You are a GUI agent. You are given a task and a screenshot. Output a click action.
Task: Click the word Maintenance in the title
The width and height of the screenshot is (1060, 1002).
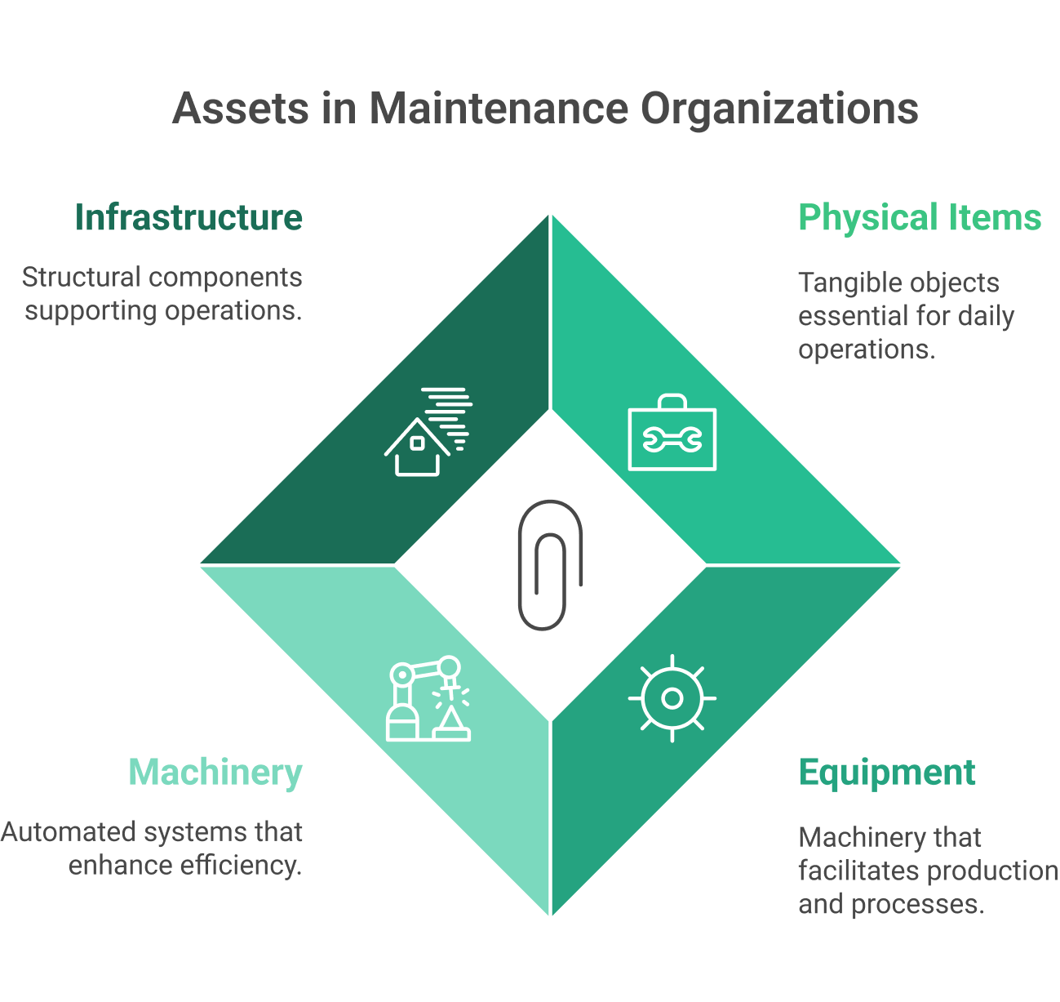tap(498, 109)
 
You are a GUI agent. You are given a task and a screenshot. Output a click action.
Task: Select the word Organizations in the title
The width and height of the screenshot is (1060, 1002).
tap(779, 110)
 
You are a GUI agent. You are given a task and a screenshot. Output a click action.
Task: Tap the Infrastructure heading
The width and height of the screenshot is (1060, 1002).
tap(188, 218)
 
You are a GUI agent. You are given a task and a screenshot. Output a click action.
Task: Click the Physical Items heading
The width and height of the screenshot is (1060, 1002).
tap(920, 218)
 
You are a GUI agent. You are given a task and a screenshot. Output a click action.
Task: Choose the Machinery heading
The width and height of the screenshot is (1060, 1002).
tap(215, 773)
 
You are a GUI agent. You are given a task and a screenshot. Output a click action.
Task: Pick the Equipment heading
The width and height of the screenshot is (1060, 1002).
tap(887, 773)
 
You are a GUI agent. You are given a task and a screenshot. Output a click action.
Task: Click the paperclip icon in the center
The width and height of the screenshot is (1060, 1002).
tap(550, 564)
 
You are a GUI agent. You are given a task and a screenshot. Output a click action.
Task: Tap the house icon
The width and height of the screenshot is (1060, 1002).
tap(418, 448)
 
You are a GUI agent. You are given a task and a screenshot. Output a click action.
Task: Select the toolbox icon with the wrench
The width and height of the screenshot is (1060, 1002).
tap(672, 439)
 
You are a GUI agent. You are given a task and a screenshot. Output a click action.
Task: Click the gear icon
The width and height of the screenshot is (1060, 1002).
tap(672, 698)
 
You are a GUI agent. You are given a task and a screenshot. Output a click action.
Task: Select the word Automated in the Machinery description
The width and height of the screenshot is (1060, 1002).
tap(69, 832)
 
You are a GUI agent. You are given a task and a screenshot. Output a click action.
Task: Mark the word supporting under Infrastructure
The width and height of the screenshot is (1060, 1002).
tap(91, 311)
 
